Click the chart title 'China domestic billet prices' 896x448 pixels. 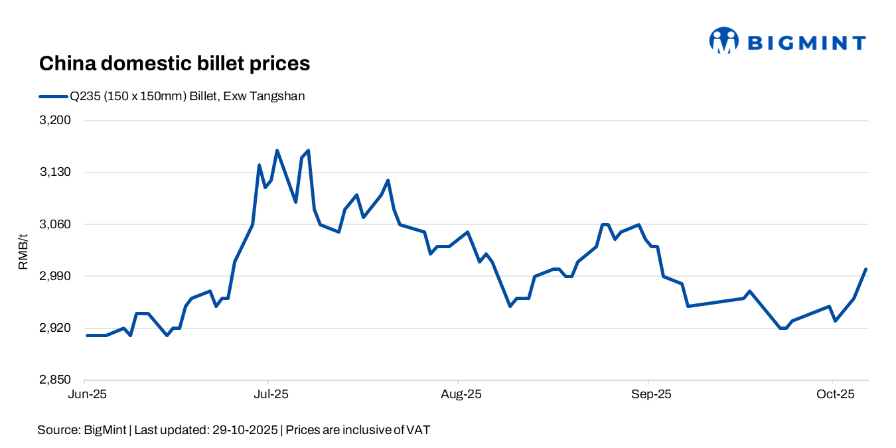(x=175, y=64)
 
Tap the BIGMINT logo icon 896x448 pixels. (x=723, y=40)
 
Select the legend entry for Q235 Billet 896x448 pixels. (x=172, y=96)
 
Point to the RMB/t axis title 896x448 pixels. (x=23, y=251)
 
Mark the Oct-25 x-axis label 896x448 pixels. (x=833, y=394)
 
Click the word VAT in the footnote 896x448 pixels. (x=418, y=430)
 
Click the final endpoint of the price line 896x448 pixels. (x=866, y=269)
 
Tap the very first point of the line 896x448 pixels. (x=87, y=335)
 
